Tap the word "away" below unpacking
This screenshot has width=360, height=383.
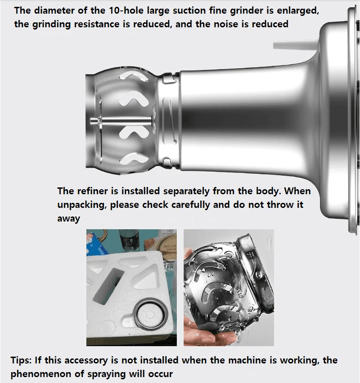point(69,219)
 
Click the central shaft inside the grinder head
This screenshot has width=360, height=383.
point(121,121)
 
